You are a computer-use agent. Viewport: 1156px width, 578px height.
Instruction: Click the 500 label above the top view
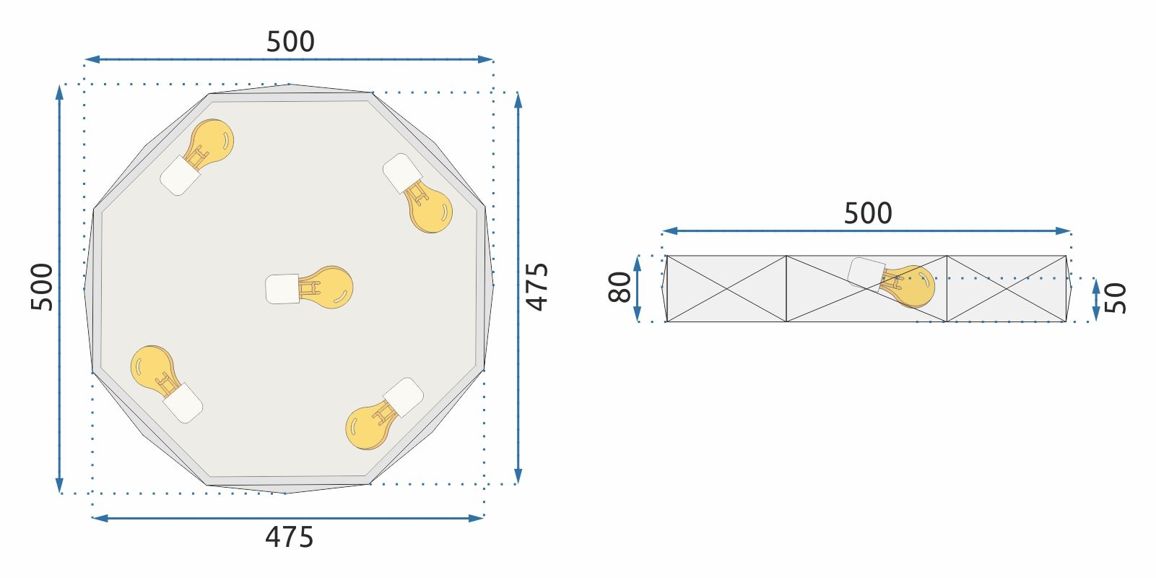point(290,42)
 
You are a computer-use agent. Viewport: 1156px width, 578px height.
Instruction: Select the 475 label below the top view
point(289,538)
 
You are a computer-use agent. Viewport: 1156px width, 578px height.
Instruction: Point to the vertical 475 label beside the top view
point(537,287)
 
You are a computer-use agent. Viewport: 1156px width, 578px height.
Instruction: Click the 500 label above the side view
point(868,213)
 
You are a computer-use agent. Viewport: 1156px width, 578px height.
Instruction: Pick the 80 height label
point(620,287)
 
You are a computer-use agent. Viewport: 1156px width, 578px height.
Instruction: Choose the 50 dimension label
point(1116,298)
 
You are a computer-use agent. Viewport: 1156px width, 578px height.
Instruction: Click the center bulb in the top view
point(309,288)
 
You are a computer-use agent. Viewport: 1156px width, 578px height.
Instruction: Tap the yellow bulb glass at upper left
point(211,142)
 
